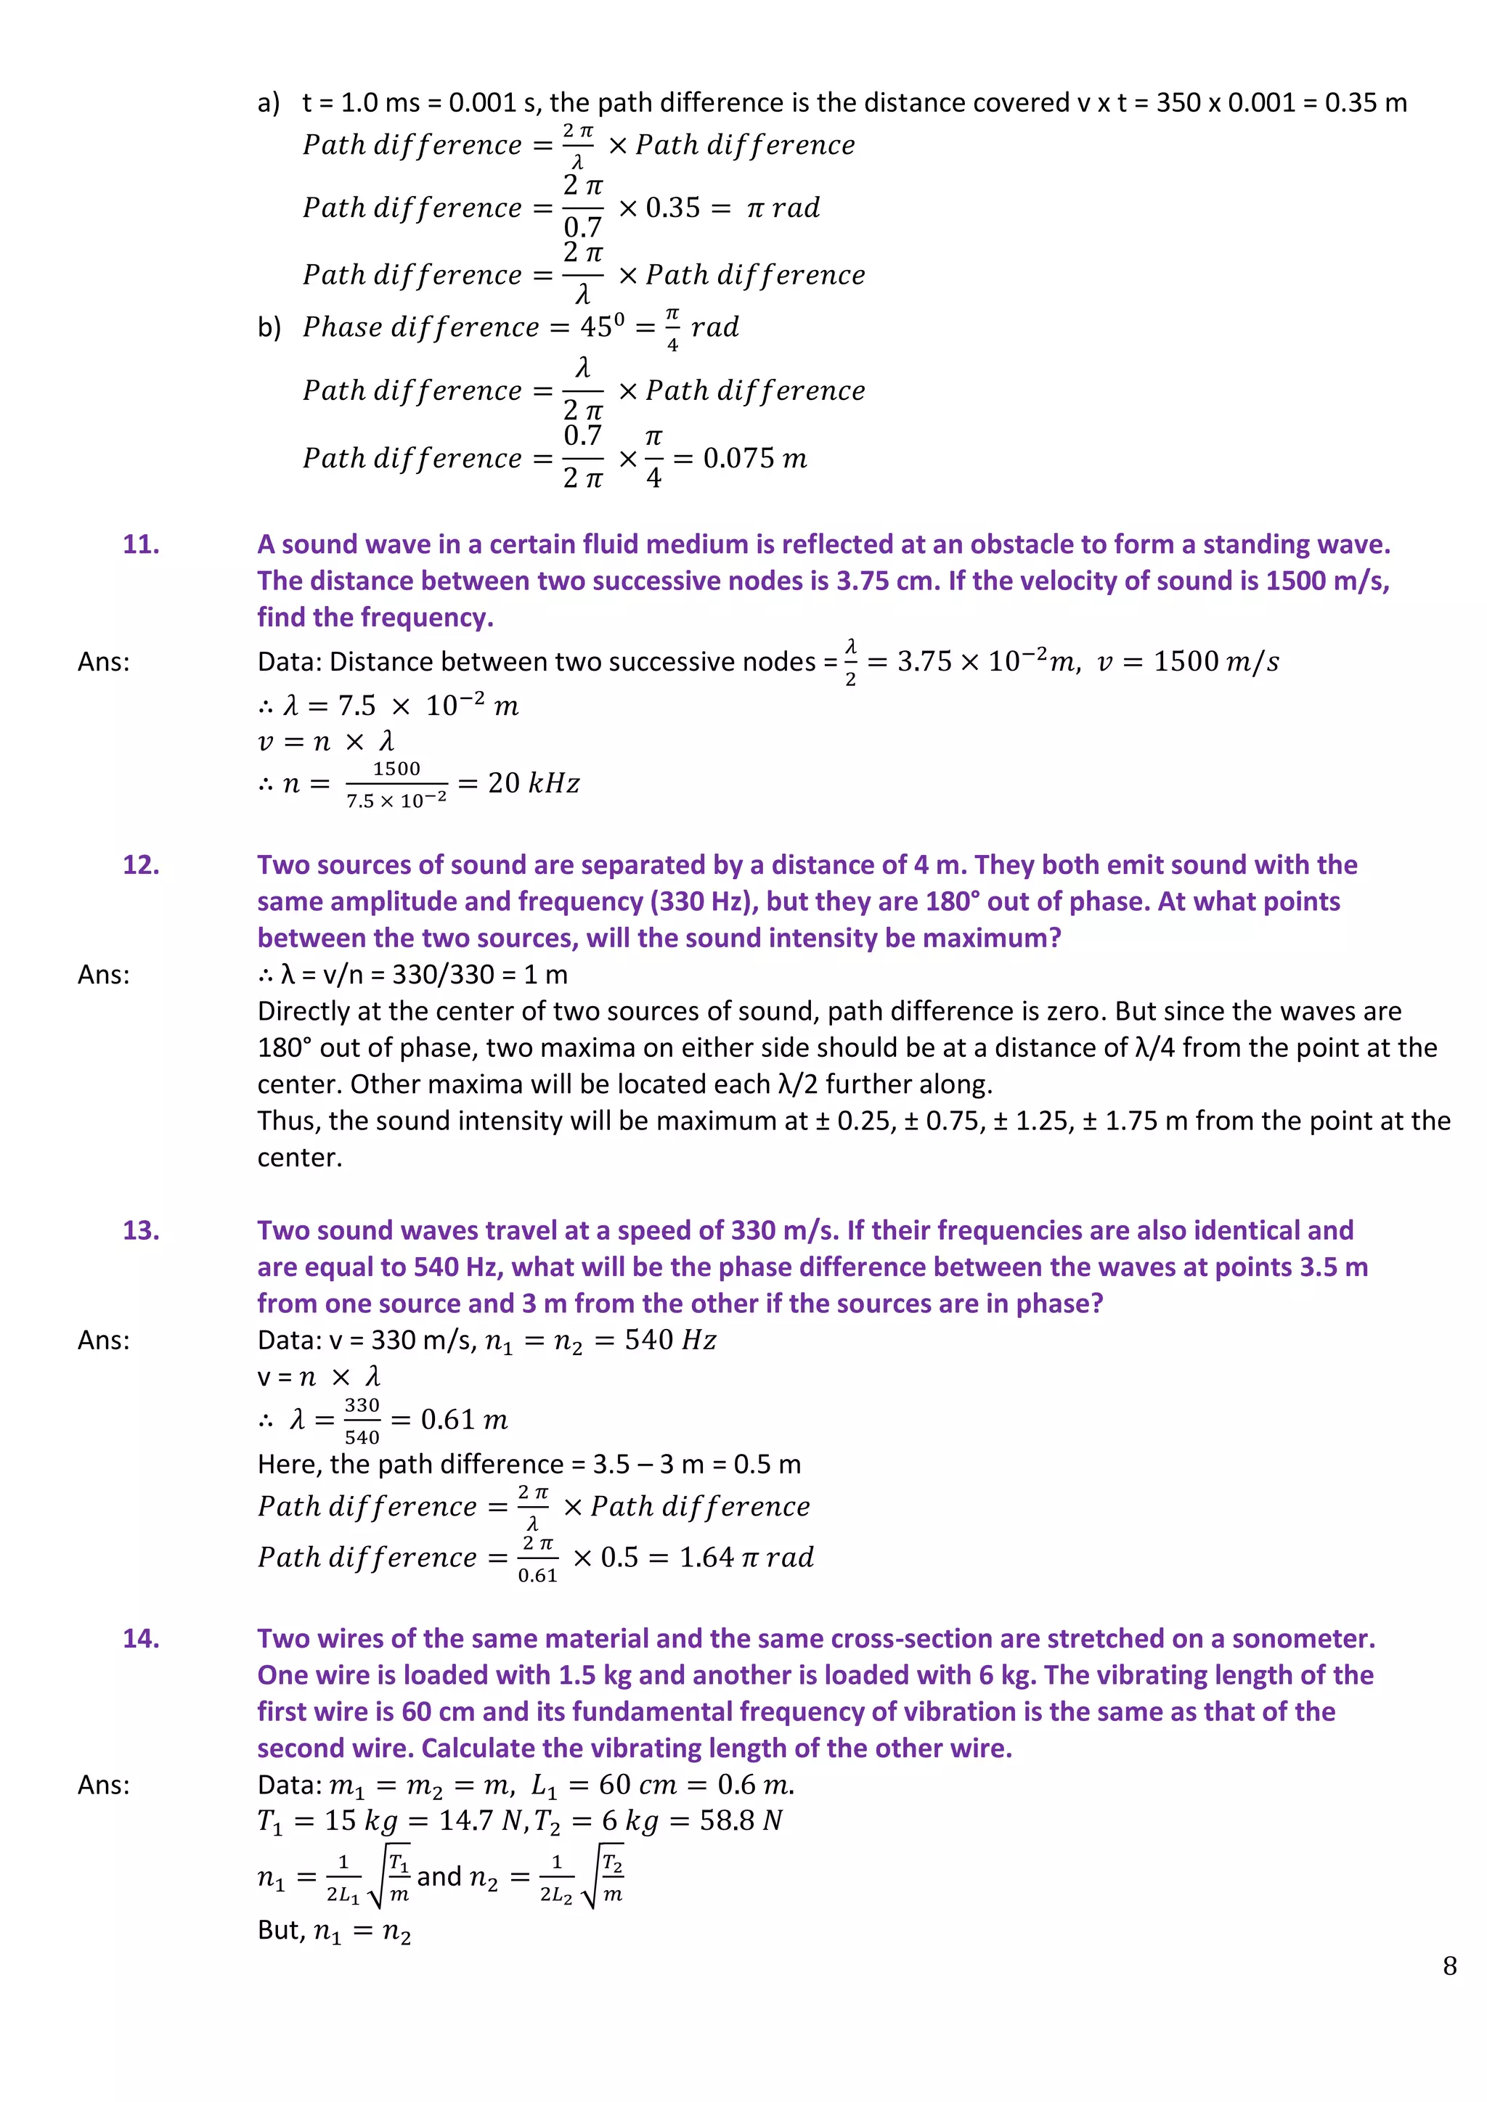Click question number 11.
click(x=141, y=544)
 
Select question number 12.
click(x=141, y=864)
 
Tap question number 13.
click(x=141, y=1230)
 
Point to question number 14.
click(x=141, y=1638)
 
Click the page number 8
click(x=1449, y=1966)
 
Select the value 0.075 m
click(x=754, y=458)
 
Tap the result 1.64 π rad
click(x=746, y=1558)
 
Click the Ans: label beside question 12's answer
click(x=104, y=974)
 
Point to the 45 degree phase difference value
click(x=603, y=326)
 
